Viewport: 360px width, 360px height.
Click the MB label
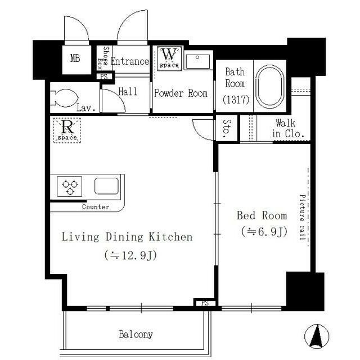(x=75, y=58)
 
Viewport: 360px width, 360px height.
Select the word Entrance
(x=130, y=61)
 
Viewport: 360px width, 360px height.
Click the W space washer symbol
(x=169, y=58)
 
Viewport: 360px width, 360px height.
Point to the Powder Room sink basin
(x=197, y=61)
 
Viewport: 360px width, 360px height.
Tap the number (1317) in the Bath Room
(x=236, y=100)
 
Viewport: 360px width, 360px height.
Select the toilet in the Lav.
(x=64, y=98)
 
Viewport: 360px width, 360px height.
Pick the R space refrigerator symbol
(x=67, y=130)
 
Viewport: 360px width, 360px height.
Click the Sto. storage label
(x=227, y=129)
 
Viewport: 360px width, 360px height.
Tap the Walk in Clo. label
(x=288, y=128)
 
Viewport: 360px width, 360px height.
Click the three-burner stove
(x=69, y=186)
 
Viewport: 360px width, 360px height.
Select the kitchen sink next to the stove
(x=106, y=186)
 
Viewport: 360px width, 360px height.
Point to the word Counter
(x=96, y=207)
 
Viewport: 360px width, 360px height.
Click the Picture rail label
(x=302, y=217)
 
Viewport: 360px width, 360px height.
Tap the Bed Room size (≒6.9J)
(x=264, y=231)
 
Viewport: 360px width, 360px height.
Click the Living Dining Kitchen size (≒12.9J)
(x=130, y=255)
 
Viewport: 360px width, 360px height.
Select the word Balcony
(x=136, y=335)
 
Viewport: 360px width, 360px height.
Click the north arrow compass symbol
(x=317, y=336)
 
